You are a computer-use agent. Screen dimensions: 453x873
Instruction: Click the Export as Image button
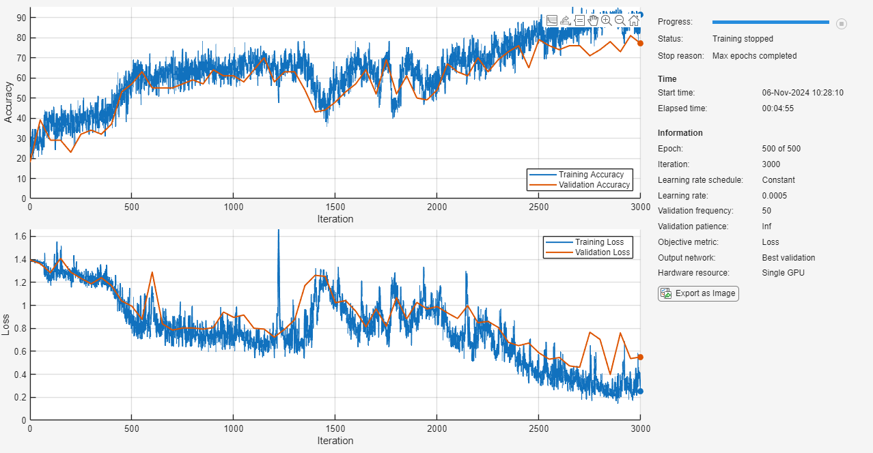pos(698,293)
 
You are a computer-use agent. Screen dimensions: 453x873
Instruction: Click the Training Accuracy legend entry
pos(591,175)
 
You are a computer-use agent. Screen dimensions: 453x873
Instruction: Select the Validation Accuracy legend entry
pos(594,185)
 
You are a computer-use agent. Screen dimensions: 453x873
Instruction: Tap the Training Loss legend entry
pos(599,242)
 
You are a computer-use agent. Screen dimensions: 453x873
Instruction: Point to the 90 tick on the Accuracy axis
pos(21,18)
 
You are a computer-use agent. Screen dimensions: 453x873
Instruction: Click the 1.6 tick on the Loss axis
pos(20,235)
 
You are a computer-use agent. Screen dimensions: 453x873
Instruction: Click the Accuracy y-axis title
pos(9,102)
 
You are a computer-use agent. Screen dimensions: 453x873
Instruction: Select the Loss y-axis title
pos(7,324)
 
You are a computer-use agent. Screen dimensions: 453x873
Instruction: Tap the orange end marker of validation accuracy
pos(640,43)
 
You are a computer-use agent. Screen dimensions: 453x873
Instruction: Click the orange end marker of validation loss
pos(640,357)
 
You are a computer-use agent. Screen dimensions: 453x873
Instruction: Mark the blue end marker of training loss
pos(640,391)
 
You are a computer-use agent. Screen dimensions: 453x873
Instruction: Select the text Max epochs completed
pos(754,56)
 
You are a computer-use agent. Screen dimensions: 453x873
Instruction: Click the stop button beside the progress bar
pos(842,23)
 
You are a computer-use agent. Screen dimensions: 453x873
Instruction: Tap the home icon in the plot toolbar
pos(634,20)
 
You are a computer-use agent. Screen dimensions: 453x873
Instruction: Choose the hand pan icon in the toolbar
pos(593,20)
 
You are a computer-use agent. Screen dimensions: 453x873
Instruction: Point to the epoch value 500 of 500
pos(781,149)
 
